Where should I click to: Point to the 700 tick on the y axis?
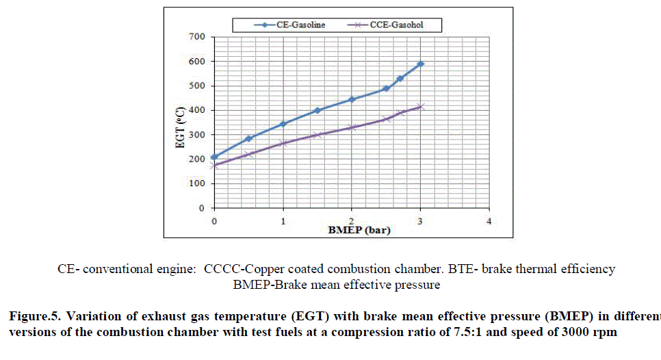[x=197, y=36]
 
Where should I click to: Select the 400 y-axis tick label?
[x=197, y=110]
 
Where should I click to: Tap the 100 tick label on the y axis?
[x=197, y=183]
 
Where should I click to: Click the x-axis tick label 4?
[x=489, y=222]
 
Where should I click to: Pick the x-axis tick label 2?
[x=351, y=222]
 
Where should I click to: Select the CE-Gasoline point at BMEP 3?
[x=421, y=64]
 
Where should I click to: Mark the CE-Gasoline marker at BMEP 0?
[x=214, y=157]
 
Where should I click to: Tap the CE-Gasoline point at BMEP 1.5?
[x=317, y=110]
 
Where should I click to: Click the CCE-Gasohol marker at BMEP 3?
[x=421, y=107]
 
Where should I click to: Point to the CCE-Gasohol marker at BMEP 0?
[x=214, y=166]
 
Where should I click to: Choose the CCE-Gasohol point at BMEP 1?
[x=283, y=143]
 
